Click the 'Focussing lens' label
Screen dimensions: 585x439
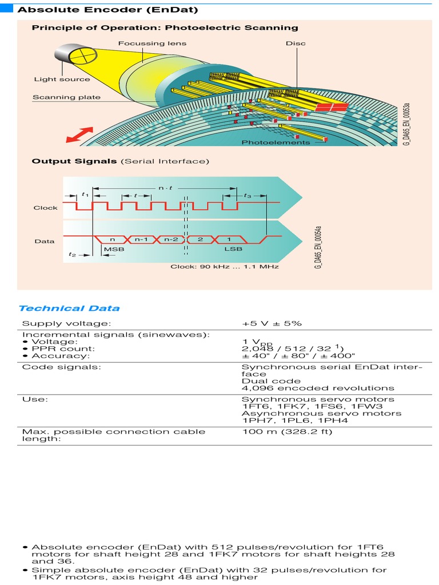point(152,43)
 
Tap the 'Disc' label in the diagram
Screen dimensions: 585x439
point(296,43)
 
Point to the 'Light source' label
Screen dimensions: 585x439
point(62,79)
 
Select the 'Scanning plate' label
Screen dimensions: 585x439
point(66,97)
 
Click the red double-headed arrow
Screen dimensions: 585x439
point(80,135)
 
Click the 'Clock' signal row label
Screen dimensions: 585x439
point(45,207)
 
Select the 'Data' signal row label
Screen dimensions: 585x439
point(44,241)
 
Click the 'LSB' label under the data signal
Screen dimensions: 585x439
point(233,250)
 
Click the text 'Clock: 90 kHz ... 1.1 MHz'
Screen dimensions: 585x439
point(225,267)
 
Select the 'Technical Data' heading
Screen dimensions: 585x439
point(69,308)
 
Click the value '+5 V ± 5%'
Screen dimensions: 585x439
point(272,324)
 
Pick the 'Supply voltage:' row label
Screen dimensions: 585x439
point(58,324)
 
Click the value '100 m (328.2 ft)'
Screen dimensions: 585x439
point(287,431)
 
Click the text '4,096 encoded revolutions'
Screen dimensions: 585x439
point(318,388)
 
